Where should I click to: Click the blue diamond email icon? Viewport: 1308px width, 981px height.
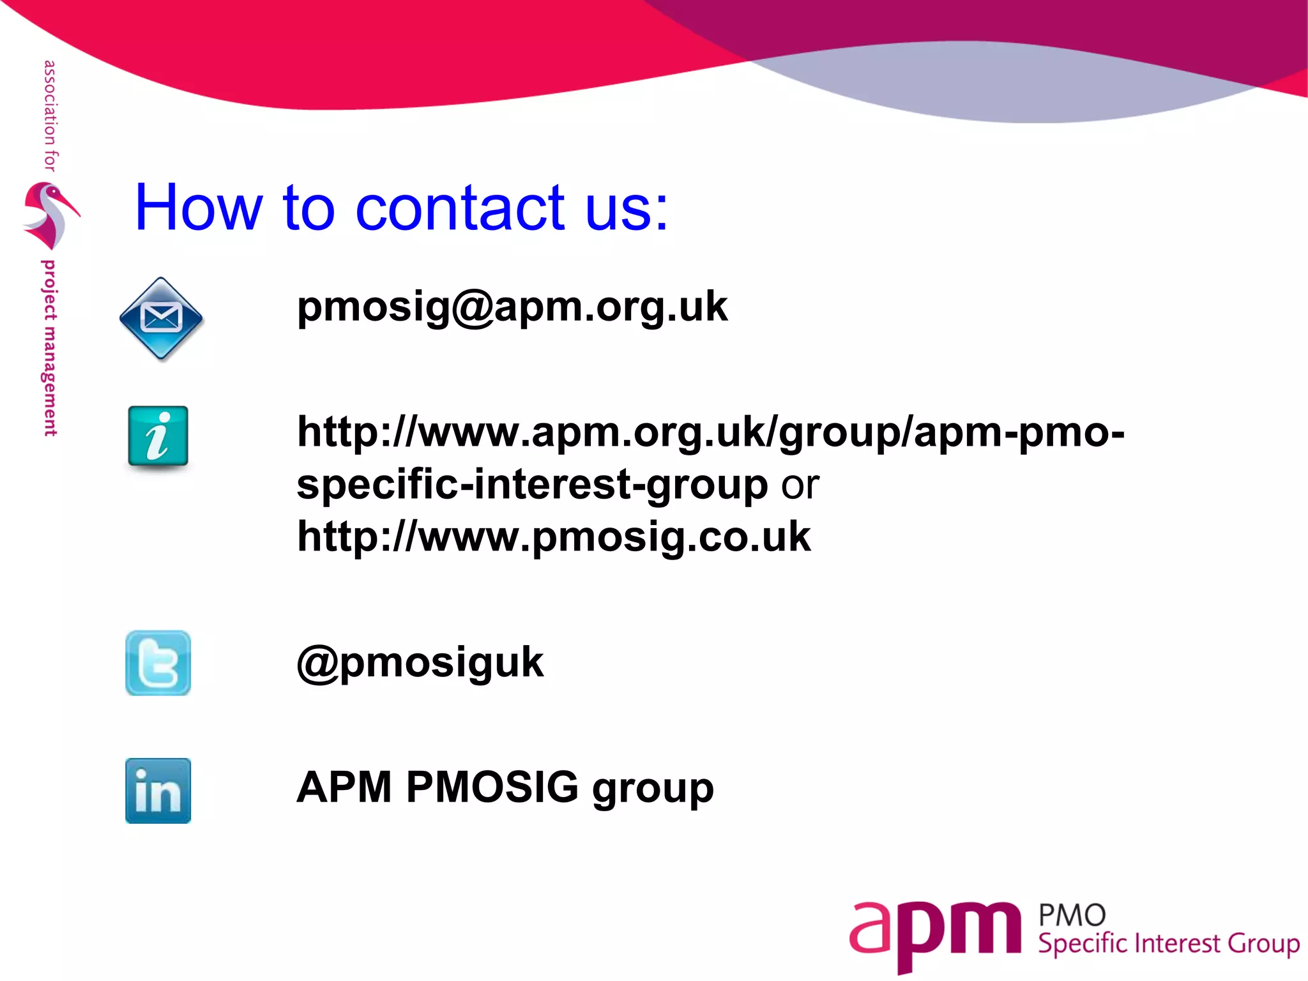(x=161, y=318)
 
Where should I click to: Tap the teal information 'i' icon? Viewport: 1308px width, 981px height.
(x=158, y=437)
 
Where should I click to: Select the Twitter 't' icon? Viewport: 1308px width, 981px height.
(x=158, y=663)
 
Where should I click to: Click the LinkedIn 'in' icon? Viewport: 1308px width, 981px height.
(x=158, y=791)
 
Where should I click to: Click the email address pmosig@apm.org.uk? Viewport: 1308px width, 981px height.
(x=512, y=307)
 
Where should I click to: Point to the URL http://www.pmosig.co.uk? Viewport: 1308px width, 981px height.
(x=554, y=536)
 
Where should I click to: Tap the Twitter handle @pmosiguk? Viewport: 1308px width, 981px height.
(x=420, y=663)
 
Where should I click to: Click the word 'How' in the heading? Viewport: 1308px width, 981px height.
(x=199, y=208)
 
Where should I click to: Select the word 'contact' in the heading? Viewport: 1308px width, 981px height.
(x=460, y=208)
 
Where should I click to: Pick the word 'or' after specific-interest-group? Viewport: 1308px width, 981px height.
(x=800, y=485)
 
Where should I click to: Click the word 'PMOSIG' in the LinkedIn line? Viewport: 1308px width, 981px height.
(x=492, y=787)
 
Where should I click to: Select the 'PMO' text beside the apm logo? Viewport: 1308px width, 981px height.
(x=1072, y=916)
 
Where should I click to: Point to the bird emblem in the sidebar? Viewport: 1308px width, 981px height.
(x=50, y=215)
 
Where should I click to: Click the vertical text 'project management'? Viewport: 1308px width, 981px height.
(x=49, y=348)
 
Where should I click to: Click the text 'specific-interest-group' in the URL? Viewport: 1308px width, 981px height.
(x=532, y=485)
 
